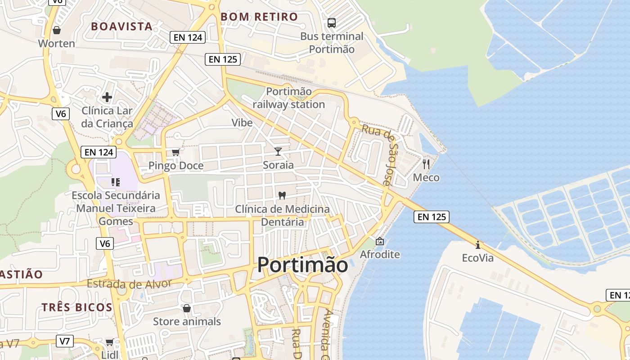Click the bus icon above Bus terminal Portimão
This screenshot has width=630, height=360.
point(332,22)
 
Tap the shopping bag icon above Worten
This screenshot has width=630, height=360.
point(57,30)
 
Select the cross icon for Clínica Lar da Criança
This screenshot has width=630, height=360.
point(107,97)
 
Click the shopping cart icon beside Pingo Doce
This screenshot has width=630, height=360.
point(176,152)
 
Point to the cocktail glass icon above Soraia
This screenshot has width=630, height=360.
point(278,151)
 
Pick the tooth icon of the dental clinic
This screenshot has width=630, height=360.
point(282,195)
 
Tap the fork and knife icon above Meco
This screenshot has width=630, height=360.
point(426,164)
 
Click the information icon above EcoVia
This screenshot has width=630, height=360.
point(478,245)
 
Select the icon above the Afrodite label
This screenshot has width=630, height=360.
point(380,241)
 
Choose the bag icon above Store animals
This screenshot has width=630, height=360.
point(187,308)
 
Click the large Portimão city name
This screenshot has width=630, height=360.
point(302,265)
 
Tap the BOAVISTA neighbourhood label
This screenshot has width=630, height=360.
point(122,26)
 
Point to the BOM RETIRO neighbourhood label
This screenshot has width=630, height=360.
point(259,17)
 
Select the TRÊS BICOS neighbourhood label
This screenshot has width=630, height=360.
point(77,307)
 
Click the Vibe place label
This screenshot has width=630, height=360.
point(242,122)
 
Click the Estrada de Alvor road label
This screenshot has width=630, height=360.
point(129,284)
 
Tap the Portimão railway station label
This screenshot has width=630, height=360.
point(289,98)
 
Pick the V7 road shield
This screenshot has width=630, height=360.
point(65,341)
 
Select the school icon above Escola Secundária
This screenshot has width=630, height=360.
point(115,182)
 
